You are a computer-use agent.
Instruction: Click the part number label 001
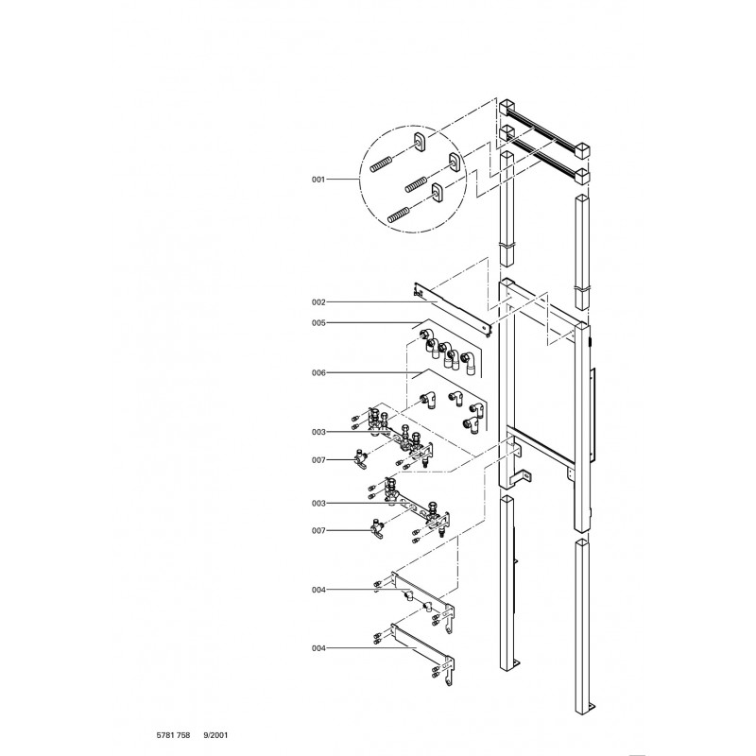pos(318,180)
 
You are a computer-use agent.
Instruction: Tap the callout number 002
pos(318,302)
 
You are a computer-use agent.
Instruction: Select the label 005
pos(318,323)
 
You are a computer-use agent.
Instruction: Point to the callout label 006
pos(318,372)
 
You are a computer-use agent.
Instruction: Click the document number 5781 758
pos(173,735)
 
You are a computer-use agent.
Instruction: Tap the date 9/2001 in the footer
pos(215,735)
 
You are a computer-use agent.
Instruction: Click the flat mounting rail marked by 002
pos(454,310)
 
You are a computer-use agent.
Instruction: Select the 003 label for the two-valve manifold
pos(318,504)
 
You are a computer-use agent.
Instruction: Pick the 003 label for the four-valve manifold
pos(318,432)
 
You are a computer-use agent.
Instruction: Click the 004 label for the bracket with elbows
pos(318,590)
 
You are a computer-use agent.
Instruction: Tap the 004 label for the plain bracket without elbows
pos(318,648)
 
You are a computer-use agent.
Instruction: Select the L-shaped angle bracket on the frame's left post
pos(520,477)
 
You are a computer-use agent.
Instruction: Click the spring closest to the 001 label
pos(381,164)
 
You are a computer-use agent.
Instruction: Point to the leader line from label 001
pos(343,180)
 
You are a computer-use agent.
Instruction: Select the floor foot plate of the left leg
pos(515,664)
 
